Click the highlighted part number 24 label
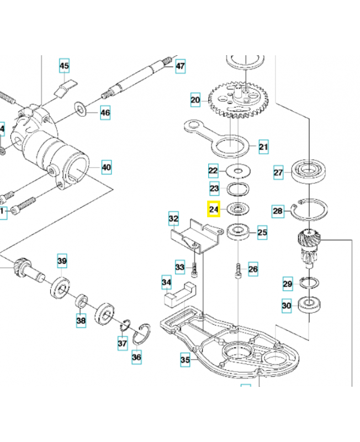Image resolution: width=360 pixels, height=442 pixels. pyautogui.click(x=214, y=209)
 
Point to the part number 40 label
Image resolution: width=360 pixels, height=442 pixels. pyautogui.click(x=106, y=166)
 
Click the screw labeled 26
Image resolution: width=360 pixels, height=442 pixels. pyautogui.click(x=237, y=271)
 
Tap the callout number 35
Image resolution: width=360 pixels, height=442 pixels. pyautogui.click(x=185, y=360)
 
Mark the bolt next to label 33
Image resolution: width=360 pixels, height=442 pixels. pyautogui.click(x=195, y=269)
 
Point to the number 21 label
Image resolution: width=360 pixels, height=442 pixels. pyautogui.click(x=263, y=147)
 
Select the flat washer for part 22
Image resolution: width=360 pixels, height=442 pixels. pyautogui.click(x=239, y=170)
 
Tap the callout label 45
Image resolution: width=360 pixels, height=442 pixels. pyautogui.click(x=65, y=67)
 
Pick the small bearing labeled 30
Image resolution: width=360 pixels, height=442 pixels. pyautogui.click(x=308, y=304)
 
